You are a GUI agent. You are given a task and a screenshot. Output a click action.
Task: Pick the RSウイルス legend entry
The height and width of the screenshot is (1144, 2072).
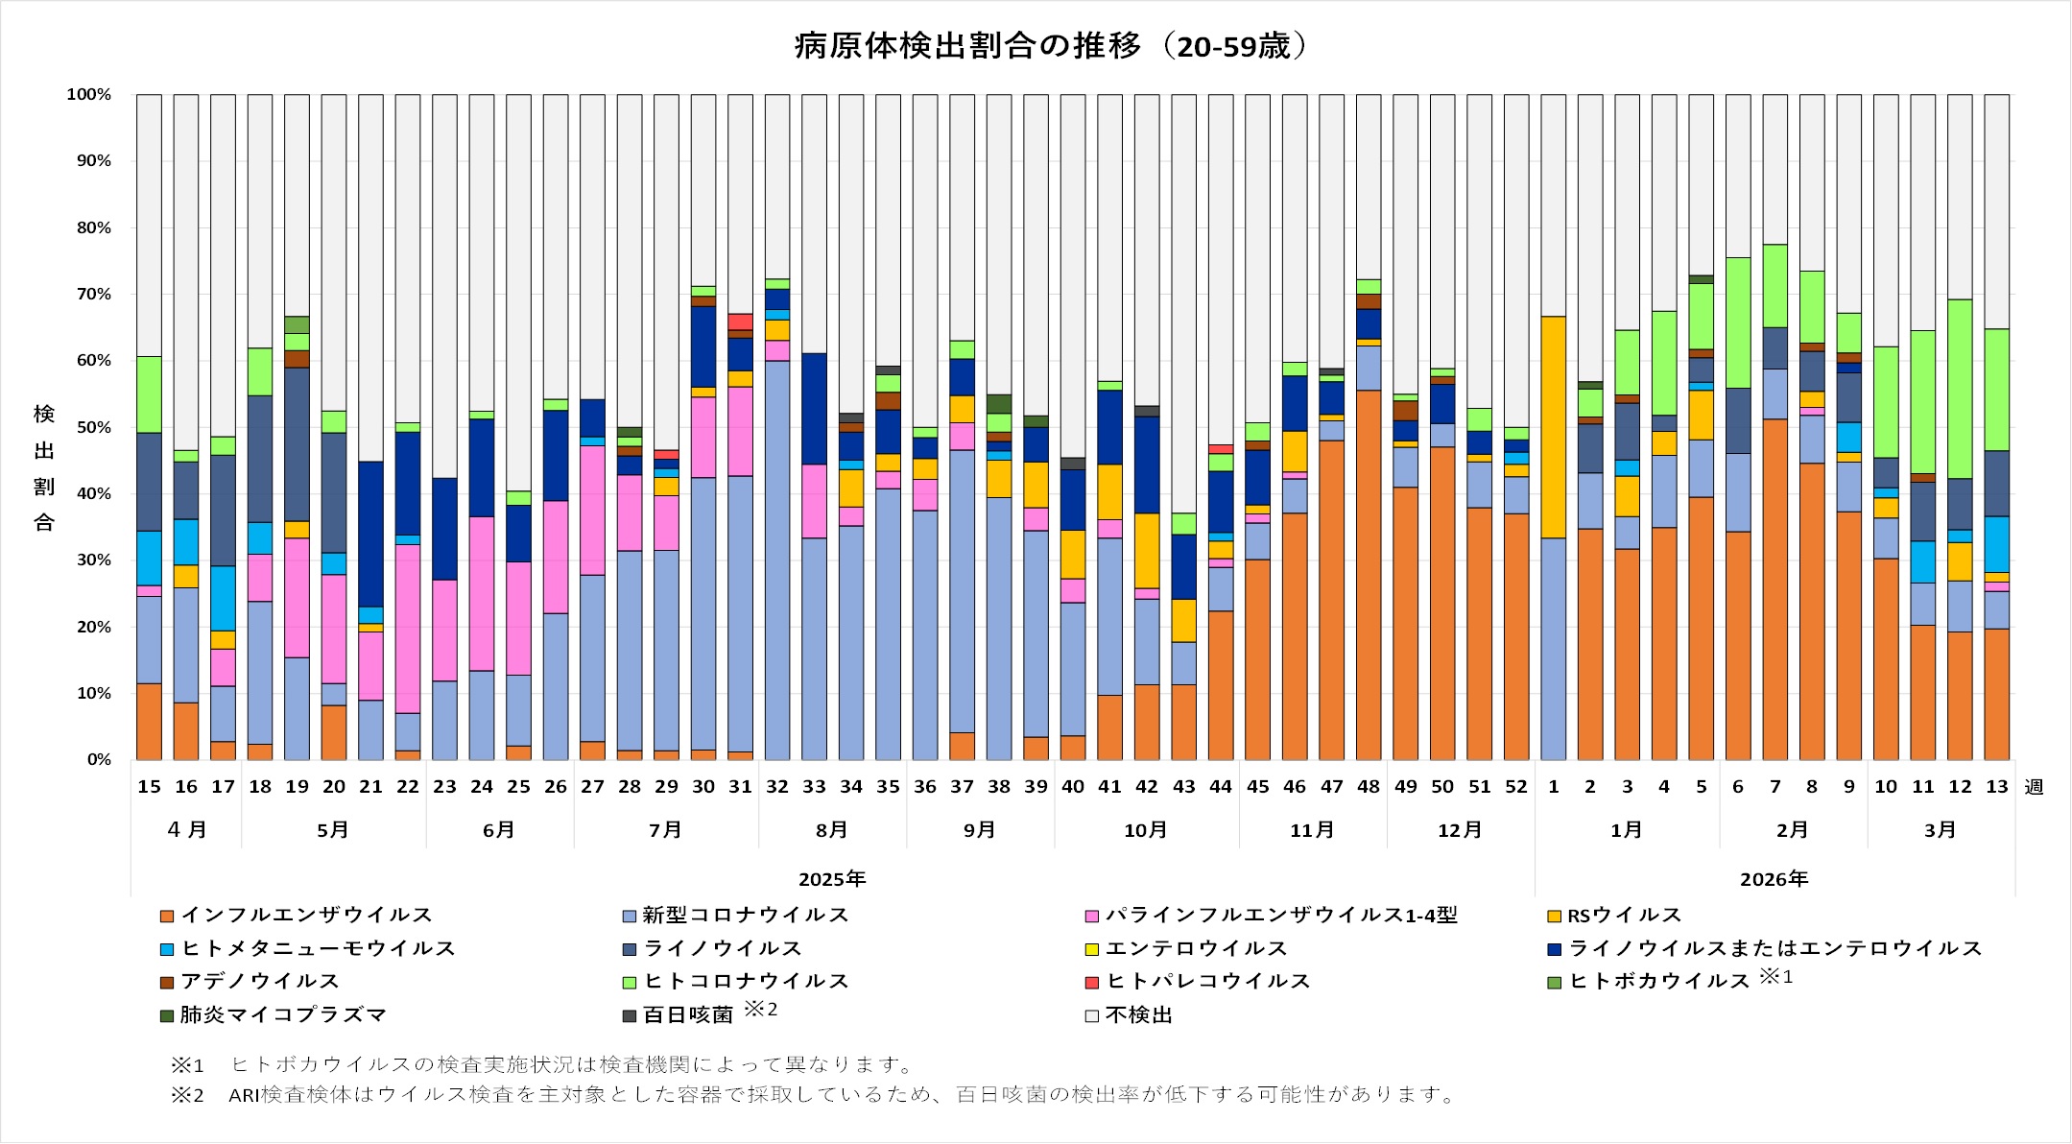[1623, 915]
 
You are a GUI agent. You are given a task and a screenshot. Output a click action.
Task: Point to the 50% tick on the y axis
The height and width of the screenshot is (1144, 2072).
[94, 427]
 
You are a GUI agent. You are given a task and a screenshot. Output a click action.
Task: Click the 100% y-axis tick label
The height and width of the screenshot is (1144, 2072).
[89, 94]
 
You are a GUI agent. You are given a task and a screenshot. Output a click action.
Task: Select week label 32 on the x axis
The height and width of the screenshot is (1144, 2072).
[777, 787]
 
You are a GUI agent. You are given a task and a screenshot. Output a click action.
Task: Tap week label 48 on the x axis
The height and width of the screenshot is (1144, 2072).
[1369, 787]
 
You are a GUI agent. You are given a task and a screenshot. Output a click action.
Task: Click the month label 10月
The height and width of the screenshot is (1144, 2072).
[1146, 830]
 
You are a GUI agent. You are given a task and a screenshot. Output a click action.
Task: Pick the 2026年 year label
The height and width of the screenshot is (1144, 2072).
[1774, 879]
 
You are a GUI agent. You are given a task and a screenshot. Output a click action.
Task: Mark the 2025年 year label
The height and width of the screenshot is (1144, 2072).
[832, 879]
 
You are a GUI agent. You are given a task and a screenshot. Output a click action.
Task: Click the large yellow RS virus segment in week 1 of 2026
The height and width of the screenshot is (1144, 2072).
[1553, 427]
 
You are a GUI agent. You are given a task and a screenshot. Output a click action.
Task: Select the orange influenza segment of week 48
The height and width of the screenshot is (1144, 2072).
[1369, 576]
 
